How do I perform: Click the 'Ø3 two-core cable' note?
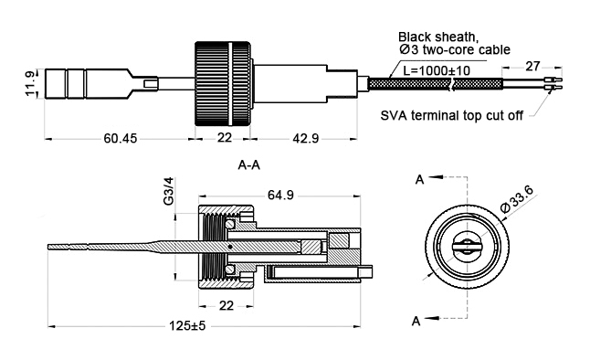pyautogui.click(x=444, y=49)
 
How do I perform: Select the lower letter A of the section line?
pyautogui.click(x=419, y=321)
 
